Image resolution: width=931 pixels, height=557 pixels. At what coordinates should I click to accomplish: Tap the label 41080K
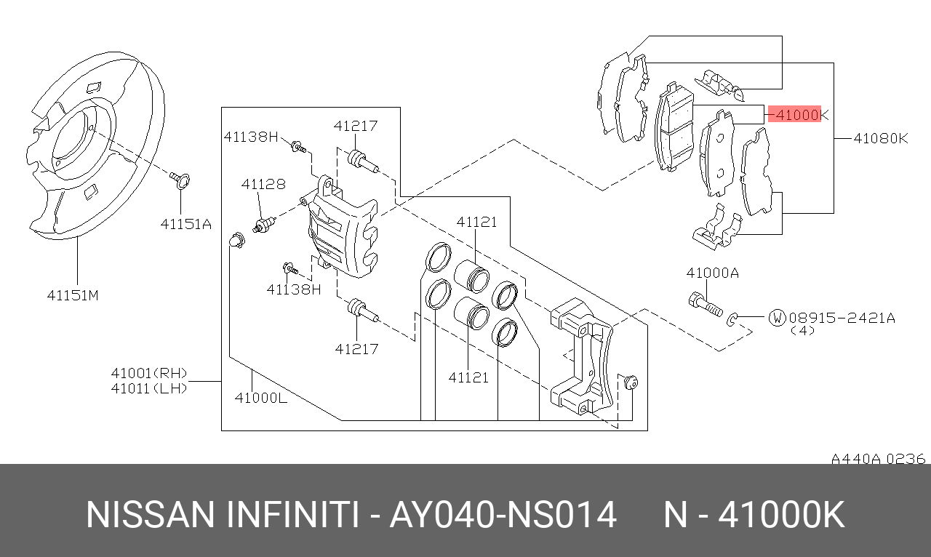[881, 137]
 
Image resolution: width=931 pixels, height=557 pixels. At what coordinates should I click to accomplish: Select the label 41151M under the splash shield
[73, 295]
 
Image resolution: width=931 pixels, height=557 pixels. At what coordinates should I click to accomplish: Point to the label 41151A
[186, 224]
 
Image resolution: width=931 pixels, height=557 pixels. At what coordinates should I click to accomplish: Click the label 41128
[263, 185]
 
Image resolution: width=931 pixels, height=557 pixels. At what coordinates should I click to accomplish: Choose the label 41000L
[260, 397]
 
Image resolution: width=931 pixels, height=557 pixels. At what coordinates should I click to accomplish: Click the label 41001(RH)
[148, 373]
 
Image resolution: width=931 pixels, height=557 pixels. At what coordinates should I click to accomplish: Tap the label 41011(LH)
[148, 388]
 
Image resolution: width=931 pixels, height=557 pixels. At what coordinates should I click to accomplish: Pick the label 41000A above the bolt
[712, 273]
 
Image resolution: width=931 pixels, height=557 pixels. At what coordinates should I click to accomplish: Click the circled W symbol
[778, 317]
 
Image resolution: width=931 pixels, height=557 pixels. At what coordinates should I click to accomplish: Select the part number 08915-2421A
[842, 318]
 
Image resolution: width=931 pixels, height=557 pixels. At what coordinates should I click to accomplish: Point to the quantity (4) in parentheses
[802, 331]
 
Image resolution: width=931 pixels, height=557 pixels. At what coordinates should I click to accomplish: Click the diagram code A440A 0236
[878, 459]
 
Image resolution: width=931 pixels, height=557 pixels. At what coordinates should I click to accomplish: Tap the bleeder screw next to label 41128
[263, 224]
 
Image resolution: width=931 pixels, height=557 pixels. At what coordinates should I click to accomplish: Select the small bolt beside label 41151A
[180, 177]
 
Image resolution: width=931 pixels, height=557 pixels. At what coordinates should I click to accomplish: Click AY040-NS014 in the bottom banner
[503, 515]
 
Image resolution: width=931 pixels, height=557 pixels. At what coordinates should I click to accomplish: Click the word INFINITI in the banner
[294, 515]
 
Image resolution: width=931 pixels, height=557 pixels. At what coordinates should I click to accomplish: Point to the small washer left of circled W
[734, 317]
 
